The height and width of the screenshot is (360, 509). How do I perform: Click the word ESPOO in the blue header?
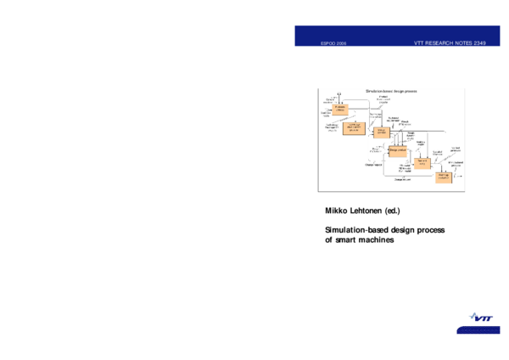point(325,42)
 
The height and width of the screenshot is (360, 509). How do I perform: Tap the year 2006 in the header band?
point(340,42)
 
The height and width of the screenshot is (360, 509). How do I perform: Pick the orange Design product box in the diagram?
point(398,149)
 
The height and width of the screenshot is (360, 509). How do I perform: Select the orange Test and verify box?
point(422,163)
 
